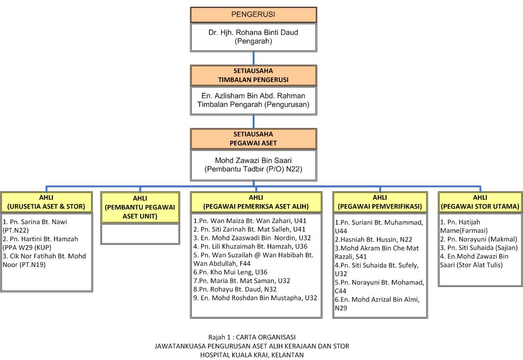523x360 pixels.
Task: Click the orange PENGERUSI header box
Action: click(x=253, y=14)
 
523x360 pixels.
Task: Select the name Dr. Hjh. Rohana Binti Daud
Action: click(x=253, y=33)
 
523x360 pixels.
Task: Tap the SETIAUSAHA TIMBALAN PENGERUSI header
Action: click(x=253, y=75)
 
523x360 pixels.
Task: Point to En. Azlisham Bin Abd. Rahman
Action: click(x=253, y=96)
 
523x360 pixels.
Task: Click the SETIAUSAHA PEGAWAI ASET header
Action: click(x=253, y=139)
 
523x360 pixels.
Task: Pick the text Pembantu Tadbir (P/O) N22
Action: click(x=253, y=170)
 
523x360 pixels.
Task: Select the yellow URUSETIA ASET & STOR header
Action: click(x=46, y=202)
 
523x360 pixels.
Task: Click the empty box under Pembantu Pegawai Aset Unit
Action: click(x=140, y=234)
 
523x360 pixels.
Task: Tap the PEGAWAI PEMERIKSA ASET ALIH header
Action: click(x=256, y=202)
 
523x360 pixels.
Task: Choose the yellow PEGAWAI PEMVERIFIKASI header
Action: click(x=380, y=202)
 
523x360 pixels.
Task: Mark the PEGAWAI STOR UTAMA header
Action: click(x=480, y=202)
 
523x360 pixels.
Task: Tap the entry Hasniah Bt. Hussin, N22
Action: click(x=373, y=239)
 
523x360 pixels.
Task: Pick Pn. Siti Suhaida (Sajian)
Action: click(x=476, y=248)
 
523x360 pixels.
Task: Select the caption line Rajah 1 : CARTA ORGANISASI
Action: click(x=252, y=337)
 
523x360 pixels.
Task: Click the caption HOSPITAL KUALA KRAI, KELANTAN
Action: click(x=252, y=355)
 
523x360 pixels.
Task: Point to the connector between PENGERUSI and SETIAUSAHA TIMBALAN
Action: click(x=254, y=58)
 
